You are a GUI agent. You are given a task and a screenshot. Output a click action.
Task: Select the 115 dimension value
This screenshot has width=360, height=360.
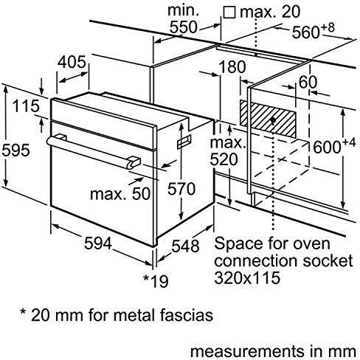[25, 106]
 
